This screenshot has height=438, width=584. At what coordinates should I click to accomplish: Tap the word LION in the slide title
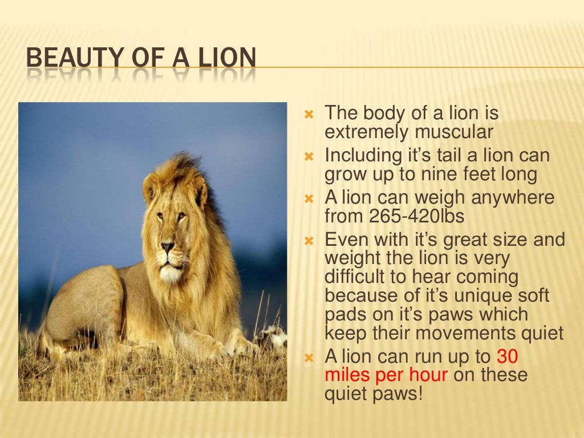[228, 59]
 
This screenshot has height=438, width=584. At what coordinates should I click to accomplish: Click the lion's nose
[167, 248]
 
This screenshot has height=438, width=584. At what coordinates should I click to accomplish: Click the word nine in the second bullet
[435, 174]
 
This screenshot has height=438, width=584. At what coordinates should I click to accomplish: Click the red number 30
[508, 356]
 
